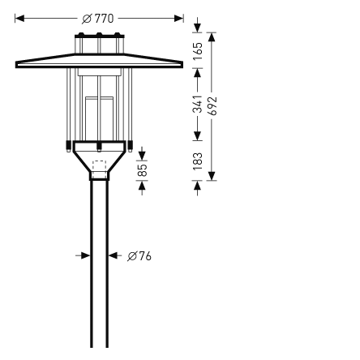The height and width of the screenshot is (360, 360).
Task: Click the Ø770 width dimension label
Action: click(98, 18)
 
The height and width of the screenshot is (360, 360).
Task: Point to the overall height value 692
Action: click(212, 106)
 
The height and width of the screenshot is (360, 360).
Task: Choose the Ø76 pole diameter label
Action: click(139, 256)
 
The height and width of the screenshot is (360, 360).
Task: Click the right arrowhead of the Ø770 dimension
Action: click(179, 18)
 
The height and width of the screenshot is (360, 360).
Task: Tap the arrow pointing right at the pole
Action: click(84, 255)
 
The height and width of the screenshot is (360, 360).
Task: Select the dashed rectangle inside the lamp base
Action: click(99, 169)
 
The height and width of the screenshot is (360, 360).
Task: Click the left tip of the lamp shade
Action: click(17, 64)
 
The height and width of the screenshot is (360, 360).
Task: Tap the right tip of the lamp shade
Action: click(182, 64)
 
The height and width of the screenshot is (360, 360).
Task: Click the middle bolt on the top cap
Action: click(99, 36)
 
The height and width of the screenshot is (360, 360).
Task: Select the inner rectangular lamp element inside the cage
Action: click(99, 114)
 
